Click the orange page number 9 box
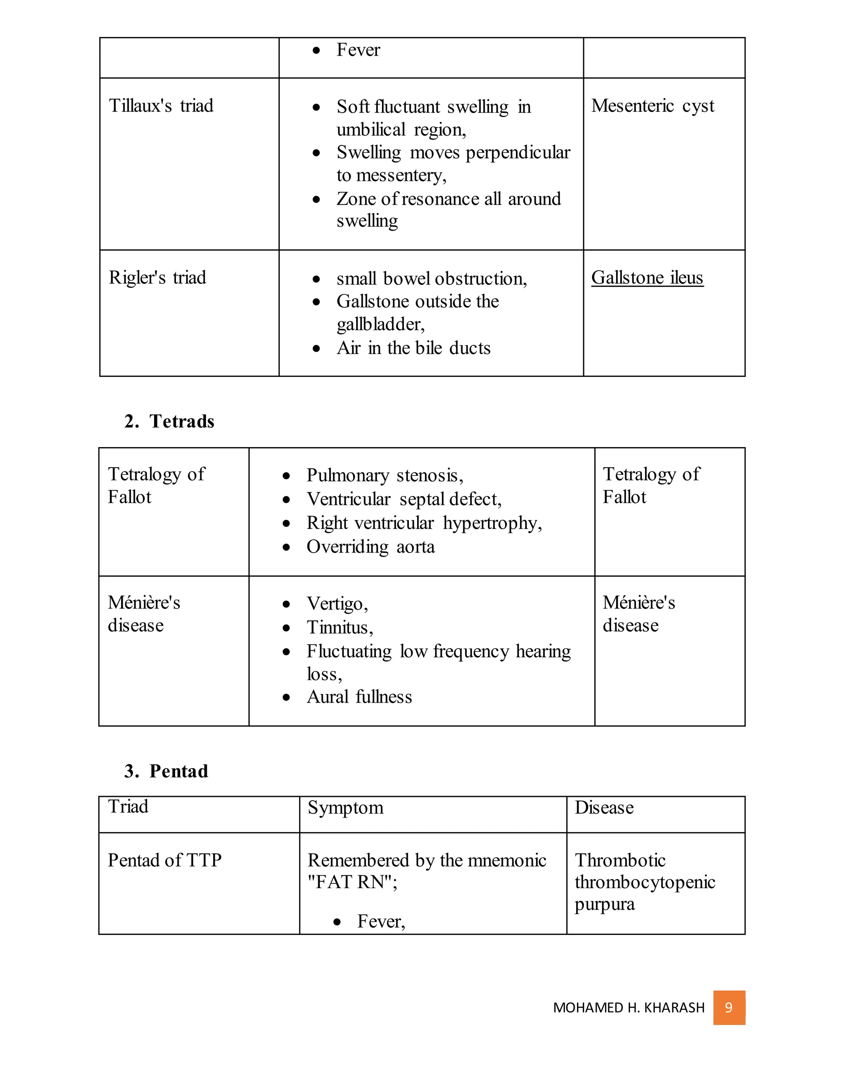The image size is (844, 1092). coord(729,1007)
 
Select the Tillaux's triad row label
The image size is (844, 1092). coord(161,106)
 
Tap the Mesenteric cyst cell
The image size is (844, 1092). coord(652,106)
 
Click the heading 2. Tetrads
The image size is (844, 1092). coord(169,421)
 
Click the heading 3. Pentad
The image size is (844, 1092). coord(166,771)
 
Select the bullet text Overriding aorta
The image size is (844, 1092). coord(370,546)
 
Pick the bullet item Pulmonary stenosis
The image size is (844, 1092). coord(384,475)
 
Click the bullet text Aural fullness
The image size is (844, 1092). coord(359,696)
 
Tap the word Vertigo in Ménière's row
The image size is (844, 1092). coord(337,604)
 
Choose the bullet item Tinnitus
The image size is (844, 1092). coord(339,627)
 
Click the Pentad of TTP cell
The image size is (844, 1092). coord(164,860)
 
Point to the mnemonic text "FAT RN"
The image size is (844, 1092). coord(352,882)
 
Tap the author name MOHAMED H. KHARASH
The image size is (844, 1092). coord(628,1008)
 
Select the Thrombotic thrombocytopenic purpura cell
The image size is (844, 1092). coord(645,882)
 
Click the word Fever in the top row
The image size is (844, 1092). coord(358,50)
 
